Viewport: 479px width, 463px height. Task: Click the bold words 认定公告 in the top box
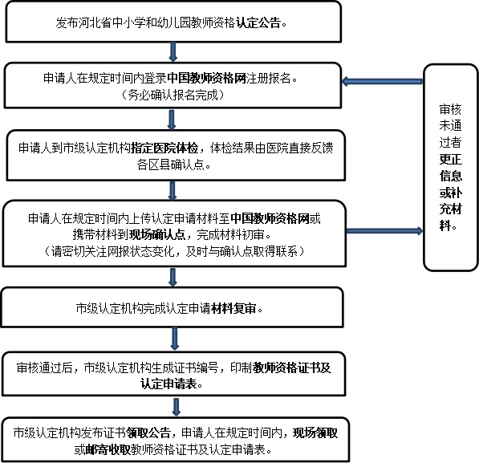pos(258,22)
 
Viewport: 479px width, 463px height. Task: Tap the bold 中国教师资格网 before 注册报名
pos(207,79)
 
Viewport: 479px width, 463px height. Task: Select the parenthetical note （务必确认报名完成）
pos(173,95)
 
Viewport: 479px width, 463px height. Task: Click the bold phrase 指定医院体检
pos(164,148)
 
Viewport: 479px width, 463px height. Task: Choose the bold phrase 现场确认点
pos(157,234)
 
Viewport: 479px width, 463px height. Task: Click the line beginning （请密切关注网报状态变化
pos(174,251)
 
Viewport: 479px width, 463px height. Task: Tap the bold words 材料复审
pos(233,308)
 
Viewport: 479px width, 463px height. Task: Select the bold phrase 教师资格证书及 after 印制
pos(292,368)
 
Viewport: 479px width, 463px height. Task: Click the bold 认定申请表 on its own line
pos(168,384)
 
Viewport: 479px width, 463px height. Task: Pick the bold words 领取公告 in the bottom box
pos(148,433)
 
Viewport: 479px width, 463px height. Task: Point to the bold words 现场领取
pos(315,433)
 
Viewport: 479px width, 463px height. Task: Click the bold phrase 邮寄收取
pos(108,449)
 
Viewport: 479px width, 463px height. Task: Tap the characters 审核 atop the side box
pos(450,109)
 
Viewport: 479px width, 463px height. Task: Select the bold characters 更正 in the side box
pos(450,159)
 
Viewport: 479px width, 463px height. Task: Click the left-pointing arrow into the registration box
pos(383,81)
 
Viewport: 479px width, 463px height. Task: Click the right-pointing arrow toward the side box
pos(384,231)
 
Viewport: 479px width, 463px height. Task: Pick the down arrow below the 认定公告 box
pos(173,52)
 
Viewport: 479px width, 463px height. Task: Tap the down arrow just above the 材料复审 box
pos(173,277)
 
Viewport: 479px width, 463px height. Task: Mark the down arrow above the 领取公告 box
pos(176,407)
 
